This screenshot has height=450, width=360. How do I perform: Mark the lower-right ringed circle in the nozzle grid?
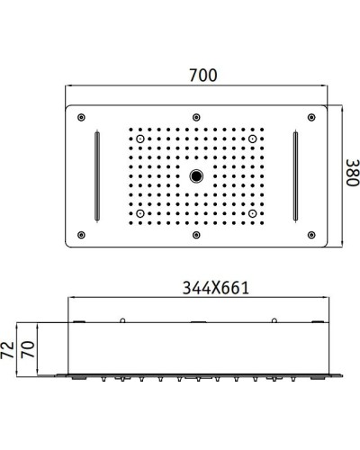point(253,211)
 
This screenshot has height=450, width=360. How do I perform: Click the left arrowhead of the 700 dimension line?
point(71,90)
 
